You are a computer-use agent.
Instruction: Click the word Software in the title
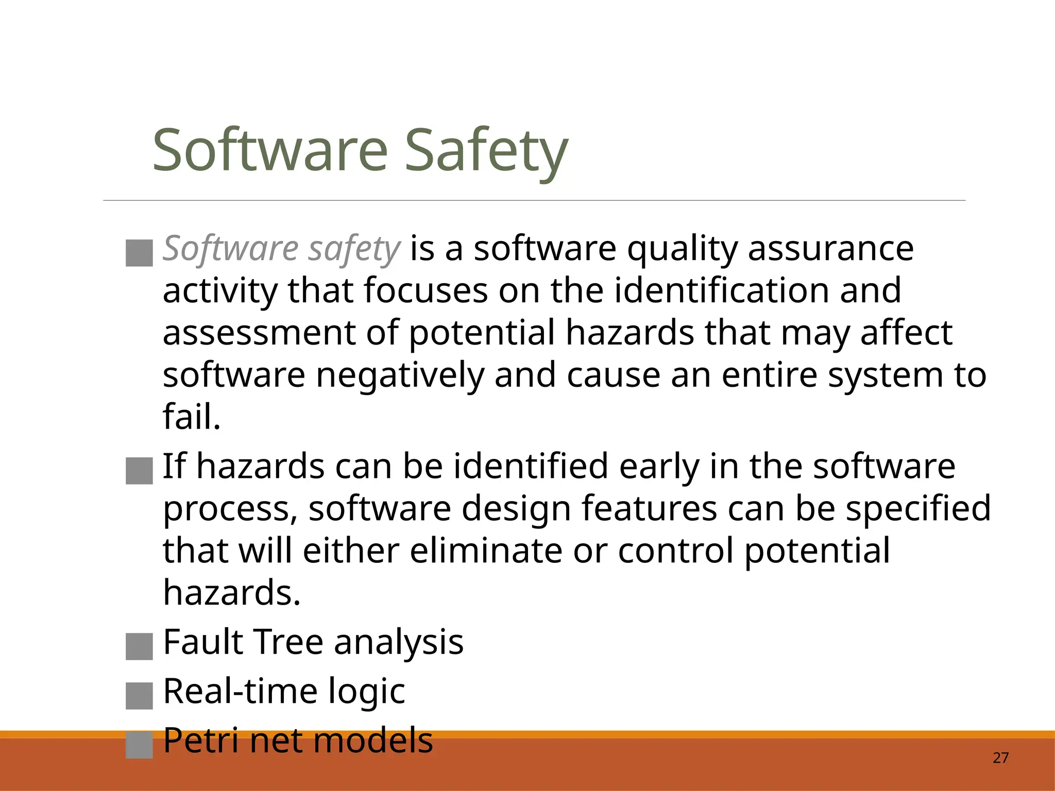[269, 151]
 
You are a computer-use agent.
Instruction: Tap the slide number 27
[1000, 758]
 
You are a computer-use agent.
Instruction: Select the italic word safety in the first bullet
[353, 249]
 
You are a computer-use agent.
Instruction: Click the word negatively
[400, 375]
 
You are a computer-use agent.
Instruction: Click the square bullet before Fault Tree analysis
[139, 646]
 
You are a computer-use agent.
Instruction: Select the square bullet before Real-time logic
[139, 696]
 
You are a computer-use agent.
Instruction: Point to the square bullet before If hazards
[139, 471]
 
